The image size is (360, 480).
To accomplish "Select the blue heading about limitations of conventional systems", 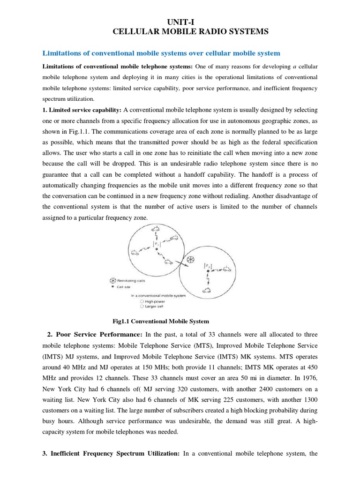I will point(161,53).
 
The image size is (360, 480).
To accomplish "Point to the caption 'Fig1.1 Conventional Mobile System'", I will point(161,321).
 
